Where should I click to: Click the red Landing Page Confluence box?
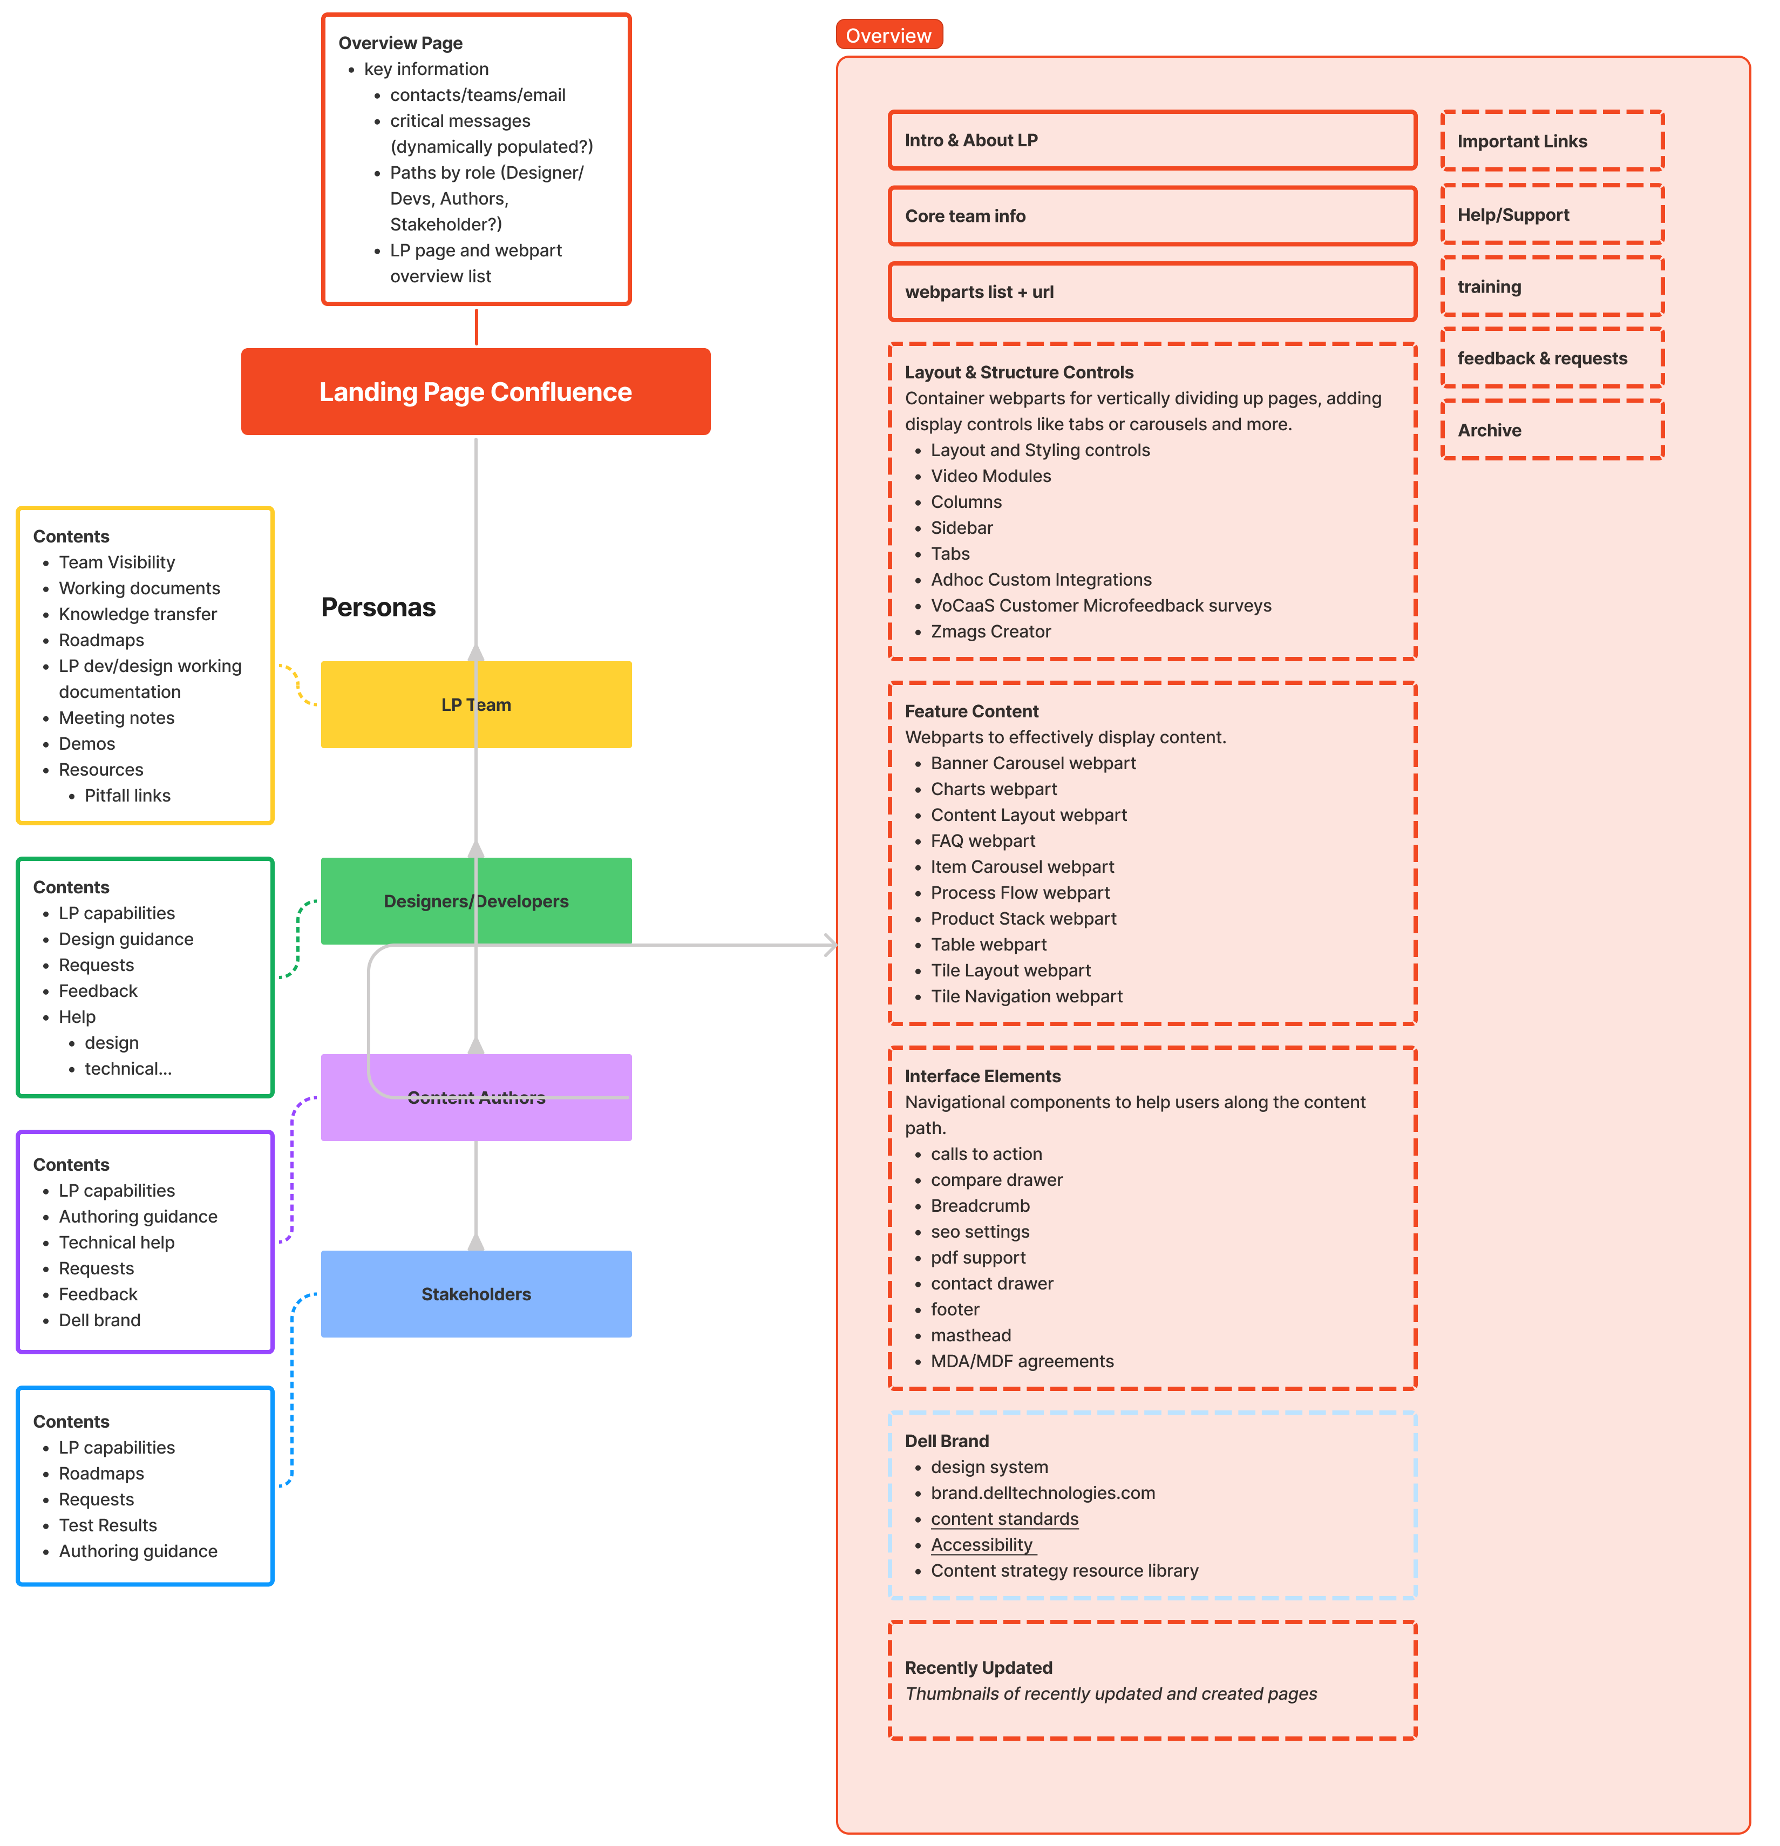(x=475, y=392)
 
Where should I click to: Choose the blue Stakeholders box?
(x=475, y=1294)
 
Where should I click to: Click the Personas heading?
(x=378, y=607)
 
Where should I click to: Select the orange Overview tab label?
(x=888, y=36)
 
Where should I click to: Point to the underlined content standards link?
(x=1004, y=1519)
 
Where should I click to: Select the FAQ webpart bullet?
(x=982, y=841)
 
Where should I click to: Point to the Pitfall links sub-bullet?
(x=127, y=796)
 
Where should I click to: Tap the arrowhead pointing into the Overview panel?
(x=830, y=945)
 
